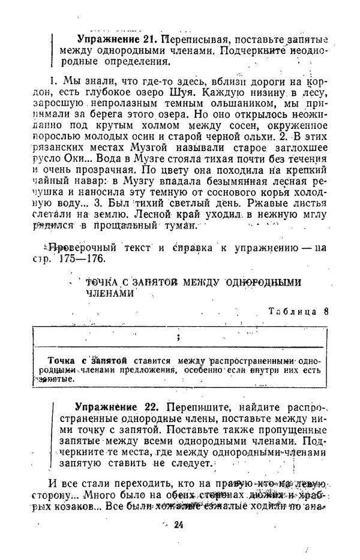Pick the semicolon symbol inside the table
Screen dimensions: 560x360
(x=178, y=337)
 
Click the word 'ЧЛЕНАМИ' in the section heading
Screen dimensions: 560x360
(x=107, y=294)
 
